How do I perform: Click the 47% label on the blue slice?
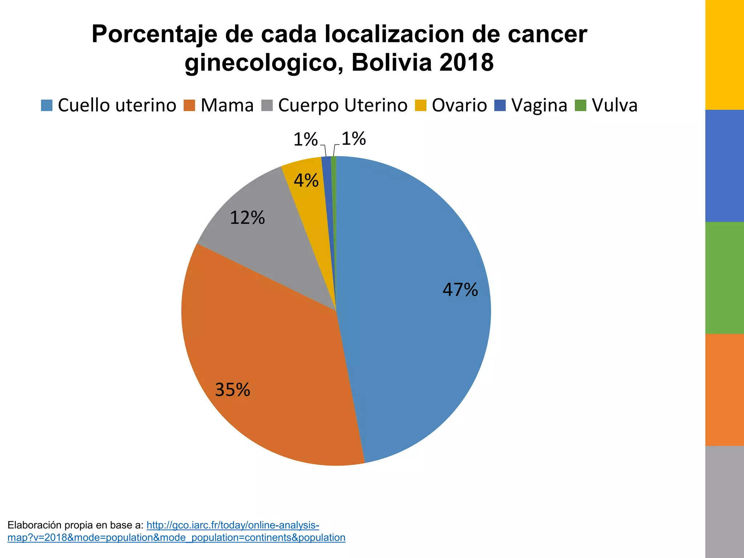coord(460,290)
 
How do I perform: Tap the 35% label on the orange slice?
coord(232,390)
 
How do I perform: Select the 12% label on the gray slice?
coord(247,218)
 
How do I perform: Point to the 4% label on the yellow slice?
coord(306,181)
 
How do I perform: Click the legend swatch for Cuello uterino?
coord(47,105)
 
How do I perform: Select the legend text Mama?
coord(227,105)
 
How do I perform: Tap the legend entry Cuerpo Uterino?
coord(343,105)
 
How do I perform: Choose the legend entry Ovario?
coord(459,105)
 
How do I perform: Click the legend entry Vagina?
coord(539,105)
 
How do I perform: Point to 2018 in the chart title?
coord(466,62)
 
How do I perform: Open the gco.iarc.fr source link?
coord(232,525)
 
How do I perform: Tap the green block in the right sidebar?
coord(724,278)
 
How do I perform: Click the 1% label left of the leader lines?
coord(305,139)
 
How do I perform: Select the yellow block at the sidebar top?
coord(724,54)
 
